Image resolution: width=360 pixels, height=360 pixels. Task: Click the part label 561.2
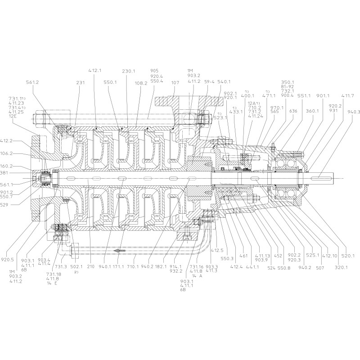[x=33, y=83]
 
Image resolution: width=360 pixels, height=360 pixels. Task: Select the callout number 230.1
[x=129, y=71]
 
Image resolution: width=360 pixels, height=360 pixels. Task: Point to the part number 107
[x=175, y=83]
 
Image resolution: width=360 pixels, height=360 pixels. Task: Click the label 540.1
[x=224, y=82]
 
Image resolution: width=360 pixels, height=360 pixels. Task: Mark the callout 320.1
[x=341, y=267]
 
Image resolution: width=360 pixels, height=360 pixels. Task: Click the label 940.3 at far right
[x=353, y=112]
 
